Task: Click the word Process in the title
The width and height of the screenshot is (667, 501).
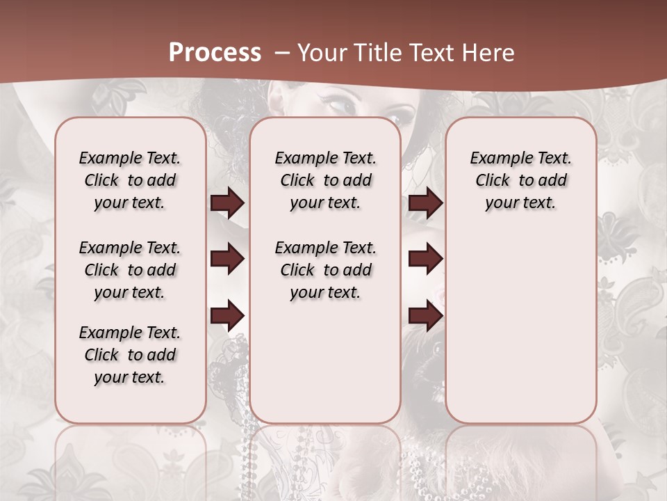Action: tap(215, 52)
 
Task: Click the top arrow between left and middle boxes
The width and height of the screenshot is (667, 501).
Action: tap(227, 202)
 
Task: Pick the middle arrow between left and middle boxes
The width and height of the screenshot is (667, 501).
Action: tap(227, 259)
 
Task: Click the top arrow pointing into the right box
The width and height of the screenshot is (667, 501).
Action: tap(425, 202)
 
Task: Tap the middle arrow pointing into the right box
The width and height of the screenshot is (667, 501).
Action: tap(425, 259)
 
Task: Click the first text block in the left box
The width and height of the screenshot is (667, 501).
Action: tap(130, 180)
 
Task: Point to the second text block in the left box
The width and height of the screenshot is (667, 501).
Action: tap(130, 270)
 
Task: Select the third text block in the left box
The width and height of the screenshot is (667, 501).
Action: tap(130, 355)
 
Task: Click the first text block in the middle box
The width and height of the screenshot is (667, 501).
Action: tap(325, 180)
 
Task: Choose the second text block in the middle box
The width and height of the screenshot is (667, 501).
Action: tap(325, 270)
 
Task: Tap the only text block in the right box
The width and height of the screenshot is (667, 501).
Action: tap(520, 180)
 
